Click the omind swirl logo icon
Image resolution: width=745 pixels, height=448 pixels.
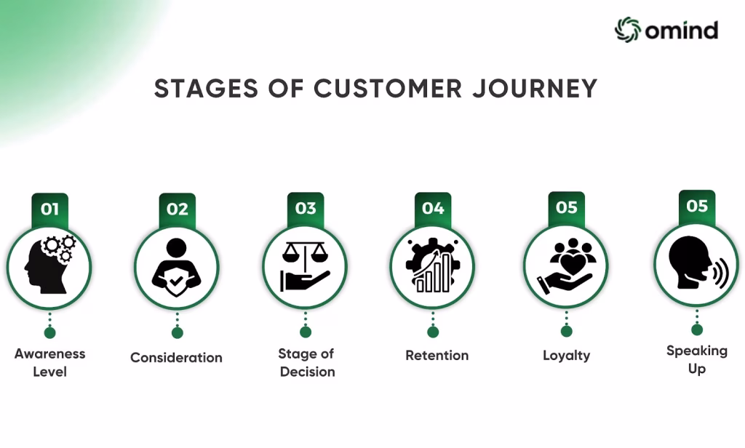pos(628,30)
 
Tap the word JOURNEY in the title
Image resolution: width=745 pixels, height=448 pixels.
pos(535,89)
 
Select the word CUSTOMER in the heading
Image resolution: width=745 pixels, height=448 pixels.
pos(388,89)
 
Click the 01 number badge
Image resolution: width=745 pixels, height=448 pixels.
pos(50,209)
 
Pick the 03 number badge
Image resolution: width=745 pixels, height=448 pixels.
pos(306,209)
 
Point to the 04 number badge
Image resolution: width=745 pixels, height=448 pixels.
pos(433,209)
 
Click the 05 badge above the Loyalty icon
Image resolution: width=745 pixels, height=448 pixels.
pos(566,207)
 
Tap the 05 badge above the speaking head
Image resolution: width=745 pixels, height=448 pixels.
pos(697,207)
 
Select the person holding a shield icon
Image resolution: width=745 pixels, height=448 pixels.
pos(176,267)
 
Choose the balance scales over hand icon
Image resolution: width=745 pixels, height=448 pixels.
pos(305,266)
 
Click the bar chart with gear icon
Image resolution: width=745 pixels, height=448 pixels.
pos(433,265)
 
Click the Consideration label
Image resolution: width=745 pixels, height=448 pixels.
pos(176,357)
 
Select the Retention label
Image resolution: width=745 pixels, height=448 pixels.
pos(437,356)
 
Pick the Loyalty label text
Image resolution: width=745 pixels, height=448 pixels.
pos(566,356)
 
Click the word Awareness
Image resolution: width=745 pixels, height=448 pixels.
pos(50,354)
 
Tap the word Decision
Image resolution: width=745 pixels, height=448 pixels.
pos(308,372)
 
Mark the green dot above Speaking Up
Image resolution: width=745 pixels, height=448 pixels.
pos(697,329)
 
